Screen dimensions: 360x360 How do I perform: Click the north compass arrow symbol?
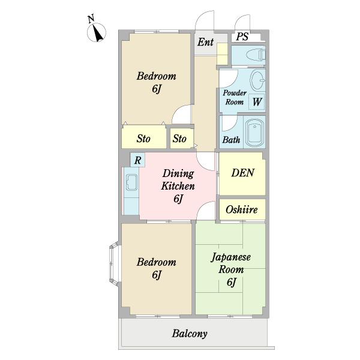coord(97,32)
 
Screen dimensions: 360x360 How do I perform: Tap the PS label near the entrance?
coord(242,37)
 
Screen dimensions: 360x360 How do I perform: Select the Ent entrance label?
coord(205,42)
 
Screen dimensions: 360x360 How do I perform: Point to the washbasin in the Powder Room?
coord(257,80)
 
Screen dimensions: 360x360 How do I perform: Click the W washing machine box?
coord(257,101)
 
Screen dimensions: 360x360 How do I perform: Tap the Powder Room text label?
coord(235,97)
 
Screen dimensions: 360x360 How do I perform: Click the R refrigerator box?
coord(137,160)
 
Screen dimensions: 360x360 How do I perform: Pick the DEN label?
coord(242,173)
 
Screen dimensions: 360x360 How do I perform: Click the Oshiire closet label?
coord(242,209)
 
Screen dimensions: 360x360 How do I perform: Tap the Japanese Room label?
coord(231,263)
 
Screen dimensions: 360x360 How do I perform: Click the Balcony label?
coord(190,334)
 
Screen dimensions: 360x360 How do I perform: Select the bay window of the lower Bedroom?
coord(114,263)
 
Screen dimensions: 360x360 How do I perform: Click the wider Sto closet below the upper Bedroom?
coord(144,137)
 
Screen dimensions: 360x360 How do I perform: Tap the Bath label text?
coord(231,140)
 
